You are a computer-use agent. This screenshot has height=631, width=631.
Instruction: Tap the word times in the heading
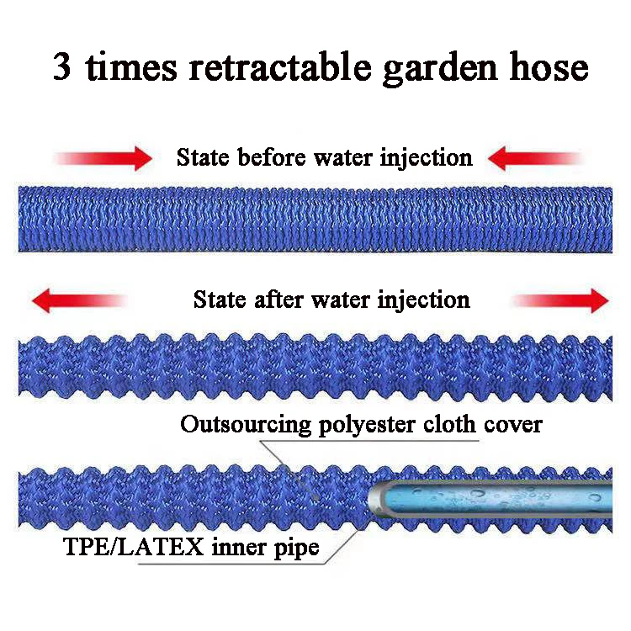pos(129,66)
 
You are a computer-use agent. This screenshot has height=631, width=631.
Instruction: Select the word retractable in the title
pos(273,66)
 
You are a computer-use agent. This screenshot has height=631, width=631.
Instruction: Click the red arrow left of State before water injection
pos(103,158)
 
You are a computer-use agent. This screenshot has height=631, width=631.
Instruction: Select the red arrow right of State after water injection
pos(560,300)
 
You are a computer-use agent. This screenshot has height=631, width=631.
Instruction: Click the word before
pos(273,157)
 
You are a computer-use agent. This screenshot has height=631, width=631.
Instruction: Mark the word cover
pos(513,425)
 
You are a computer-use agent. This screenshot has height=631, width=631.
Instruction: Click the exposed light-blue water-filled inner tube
pos(488,497)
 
